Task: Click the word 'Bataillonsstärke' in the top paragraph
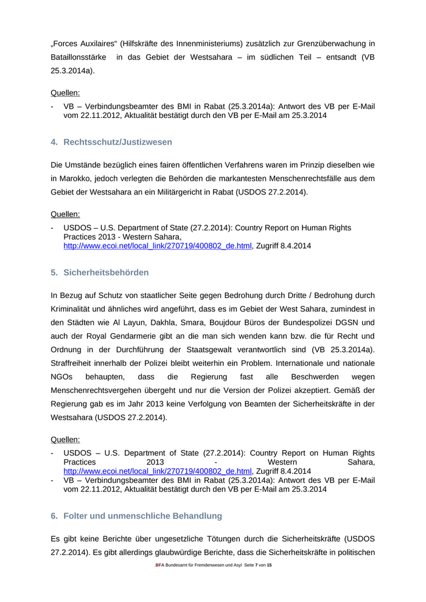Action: (x=79, y=57)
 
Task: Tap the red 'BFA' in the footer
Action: (x=160, y=566)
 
